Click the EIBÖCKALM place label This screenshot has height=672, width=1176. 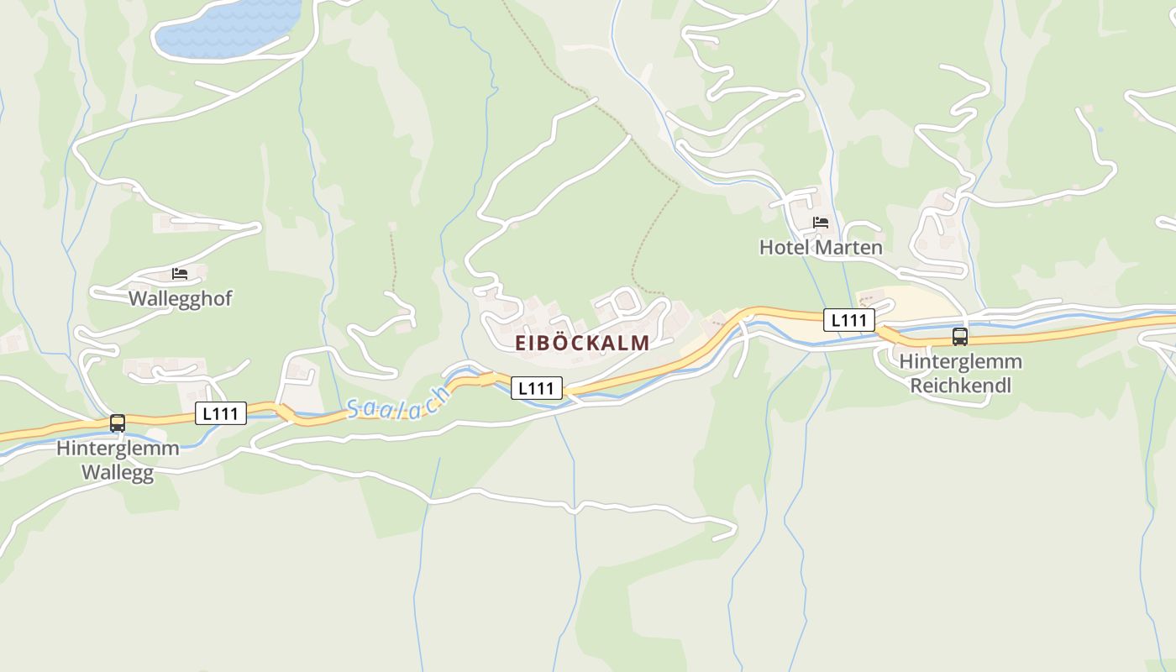coord(582,343)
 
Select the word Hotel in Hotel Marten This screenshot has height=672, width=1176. coord(785,247)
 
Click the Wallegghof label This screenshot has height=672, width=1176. coord(180,298)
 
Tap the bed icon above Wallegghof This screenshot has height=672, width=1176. coord(180,273)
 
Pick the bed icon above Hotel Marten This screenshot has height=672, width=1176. coord(821,223)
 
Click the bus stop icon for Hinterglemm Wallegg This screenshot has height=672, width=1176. coord(118,423)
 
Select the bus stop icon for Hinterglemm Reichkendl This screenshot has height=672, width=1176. coord(959,337)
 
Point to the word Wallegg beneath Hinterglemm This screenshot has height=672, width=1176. coord(118,472)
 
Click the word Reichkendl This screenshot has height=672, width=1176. coord(961,386)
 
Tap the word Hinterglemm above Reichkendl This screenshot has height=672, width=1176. coord(961,362)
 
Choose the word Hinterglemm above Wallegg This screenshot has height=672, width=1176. coord(118,449)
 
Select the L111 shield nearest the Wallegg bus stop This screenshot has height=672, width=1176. coord(222,413)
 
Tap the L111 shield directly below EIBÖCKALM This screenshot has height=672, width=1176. coord(537,388)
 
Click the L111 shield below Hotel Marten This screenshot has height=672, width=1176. coord(849,320)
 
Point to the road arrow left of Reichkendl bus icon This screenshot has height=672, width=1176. coord(887,335)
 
